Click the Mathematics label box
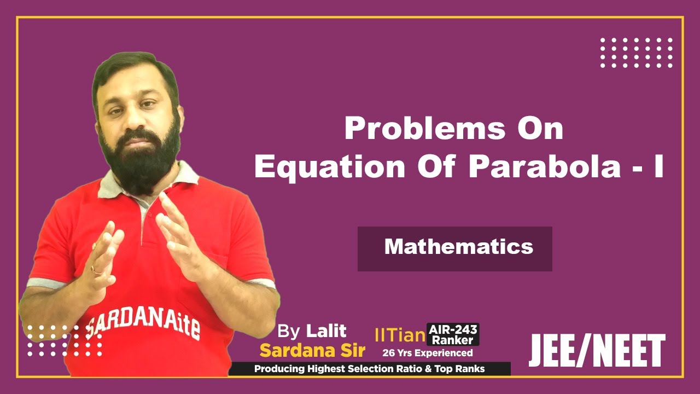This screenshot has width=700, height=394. click(455, 248)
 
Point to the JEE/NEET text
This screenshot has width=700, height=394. click(597, 351)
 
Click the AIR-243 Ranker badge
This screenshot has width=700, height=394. click(453, 334)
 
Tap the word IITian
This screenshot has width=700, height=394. click(400, 335)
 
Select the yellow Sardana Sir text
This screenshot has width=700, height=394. click(312, 350)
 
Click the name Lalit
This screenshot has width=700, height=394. click(326, 331)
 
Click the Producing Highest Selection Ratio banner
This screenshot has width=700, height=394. click(369, 369)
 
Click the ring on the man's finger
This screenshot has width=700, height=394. click(96, 269)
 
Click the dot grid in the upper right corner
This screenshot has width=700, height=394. click(637, 53)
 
